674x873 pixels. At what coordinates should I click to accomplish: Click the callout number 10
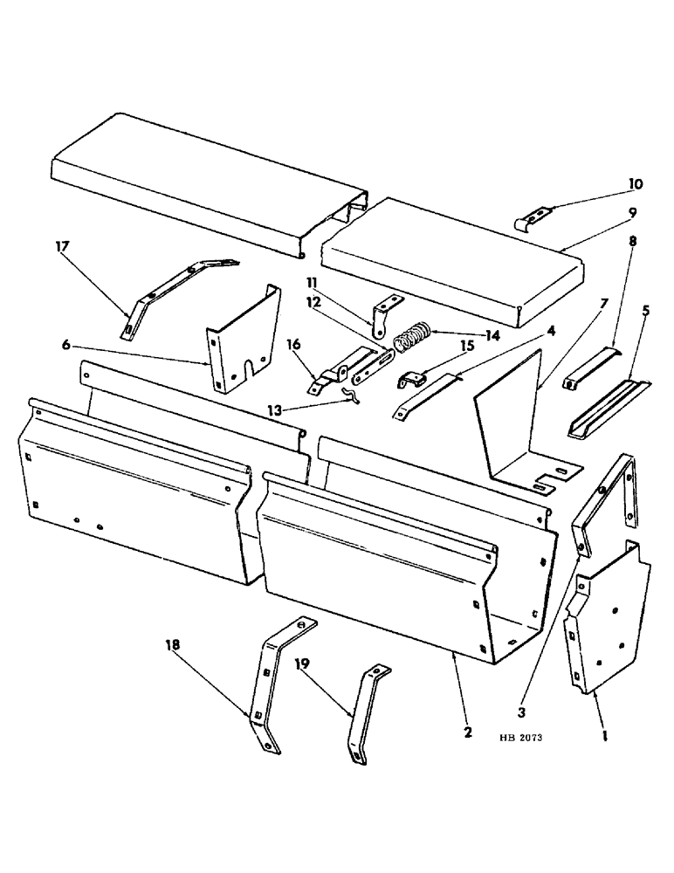pos(635,184)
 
